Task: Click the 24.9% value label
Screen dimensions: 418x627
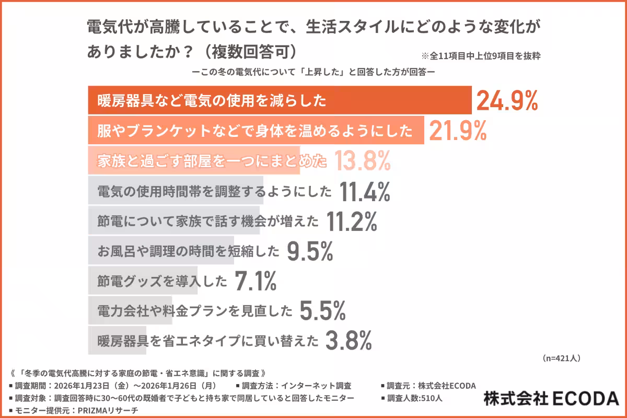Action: (506, 101)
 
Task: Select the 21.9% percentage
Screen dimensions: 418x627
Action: (458, 131)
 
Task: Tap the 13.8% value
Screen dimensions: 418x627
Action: (362, 161)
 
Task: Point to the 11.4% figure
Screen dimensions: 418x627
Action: (365, 192)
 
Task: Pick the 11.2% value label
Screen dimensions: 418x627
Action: (351, 222)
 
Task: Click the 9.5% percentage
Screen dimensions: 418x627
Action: (310, 252)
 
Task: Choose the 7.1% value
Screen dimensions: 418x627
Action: (255, 282)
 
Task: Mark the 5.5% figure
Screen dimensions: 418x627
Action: (322, 312)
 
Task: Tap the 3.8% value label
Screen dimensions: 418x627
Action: (349, 342)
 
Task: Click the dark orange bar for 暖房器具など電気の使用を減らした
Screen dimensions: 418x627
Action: (279, 100)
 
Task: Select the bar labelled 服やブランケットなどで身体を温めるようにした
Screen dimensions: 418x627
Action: (256, 131)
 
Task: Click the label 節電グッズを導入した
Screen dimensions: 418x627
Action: (162, 282)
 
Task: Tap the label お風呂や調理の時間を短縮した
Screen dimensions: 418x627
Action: (189, 252)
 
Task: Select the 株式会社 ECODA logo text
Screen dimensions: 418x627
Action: (551, 399)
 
